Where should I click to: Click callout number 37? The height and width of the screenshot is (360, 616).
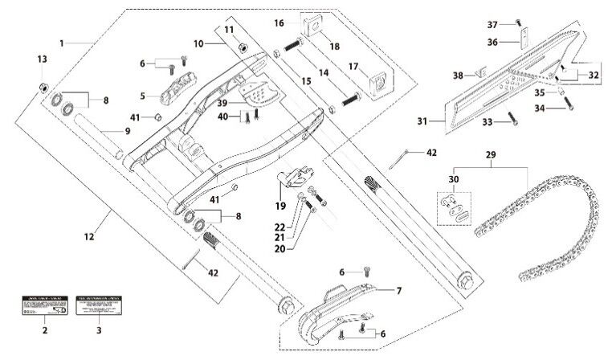[493, 25]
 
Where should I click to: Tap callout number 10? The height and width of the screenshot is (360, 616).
[198, 42]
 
